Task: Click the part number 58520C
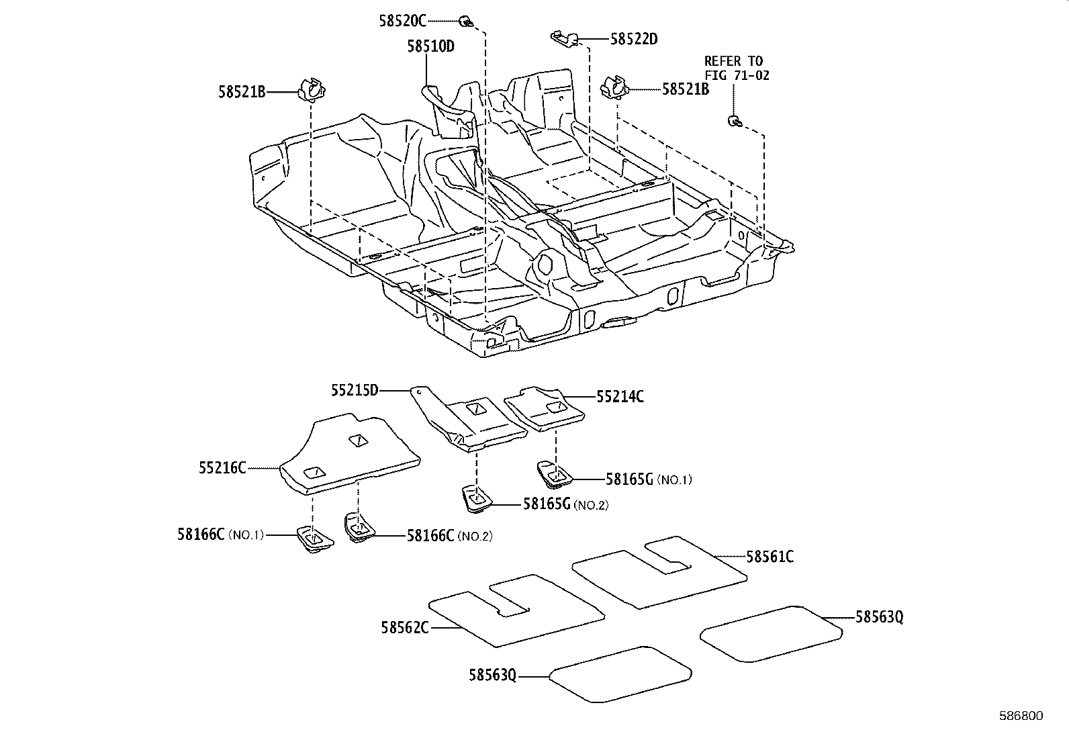click(x=402, y=21)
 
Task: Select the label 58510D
click(x=430, y=46)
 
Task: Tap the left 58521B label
click(x=241, y=91)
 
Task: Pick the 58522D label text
click(x=633, y=39)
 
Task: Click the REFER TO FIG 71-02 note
click(x=736, y=68)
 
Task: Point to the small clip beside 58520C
click(x=465, y=21)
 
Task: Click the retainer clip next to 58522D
click(x=562, y=37)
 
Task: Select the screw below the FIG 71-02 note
click(x=734, y=121)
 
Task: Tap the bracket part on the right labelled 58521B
click(x=614, y=87)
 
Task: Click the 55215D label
click(x=355, y=389)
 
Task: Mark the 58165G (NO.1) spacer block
click(x=554, y=473)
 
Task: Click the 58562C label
click(x=405, y=627)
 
